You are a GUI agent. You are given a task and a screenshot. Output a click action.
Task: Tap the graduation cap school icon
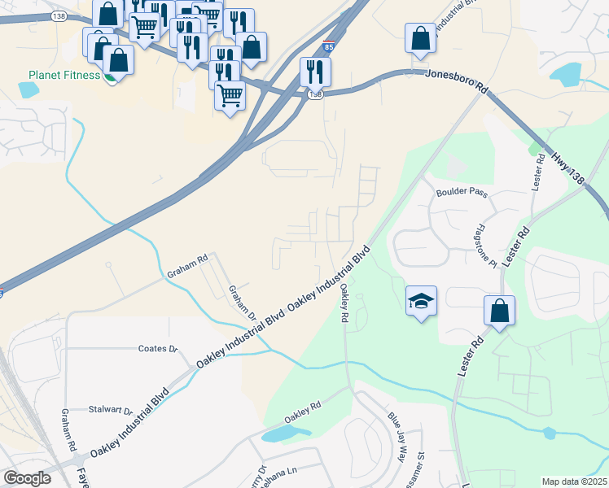(x=421, y=302)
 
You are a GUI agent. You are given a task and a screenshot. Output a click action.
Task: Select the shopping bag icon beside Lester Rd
(x=498, y=312)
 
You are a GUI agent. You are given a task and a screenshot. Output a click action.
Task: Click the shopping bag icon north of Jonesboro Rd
(x=419, y=39)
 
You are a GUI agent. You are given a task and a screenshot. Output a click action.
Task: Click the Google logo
(x=27, y=477)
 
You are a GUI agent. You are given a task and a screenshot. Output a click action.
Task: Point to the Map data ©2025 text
(x=574, y=481)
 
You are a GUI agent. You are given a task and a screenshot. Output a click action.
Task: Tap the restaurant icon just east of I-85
(x=314, y=72)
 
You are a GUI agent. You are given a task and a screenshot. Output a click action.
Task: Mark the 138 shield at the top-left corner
(x=58, y=16)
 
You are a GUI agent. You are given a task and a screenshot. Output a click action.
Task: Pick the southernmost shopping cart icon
(x=230, y=96)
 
